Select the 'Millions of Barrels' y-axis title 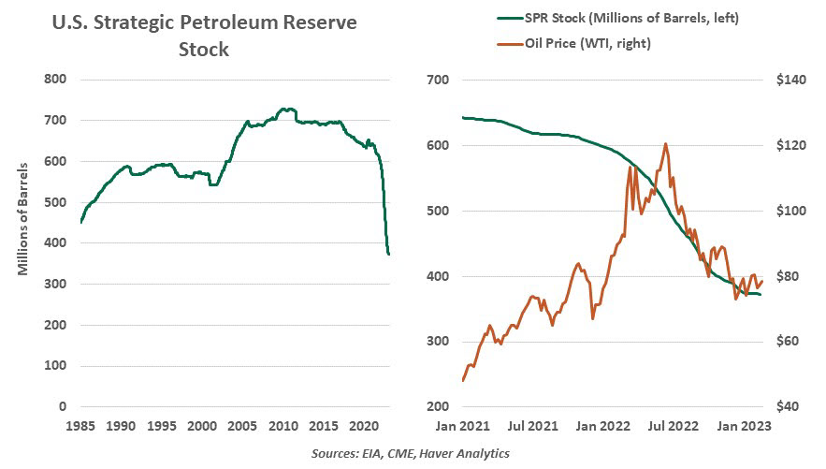pyautogui.click(x=23, y=219)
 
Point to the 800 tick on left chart pyautogui.click(x=55, y=80)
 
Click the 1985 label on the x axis pyautogui.click(x=81, y=426)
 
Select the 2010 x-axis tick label pyautogui.click(x=283, y=426)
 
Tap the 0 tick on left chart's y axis pyautogui.click(x=62, y=407)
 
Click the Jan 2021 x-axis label pyautogui.click(x=463, y=426)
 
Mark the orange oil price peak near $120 pyautogui.click(x=665, y=144)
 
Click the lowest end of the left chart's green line pyautogui.click(x=389, y=254)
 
